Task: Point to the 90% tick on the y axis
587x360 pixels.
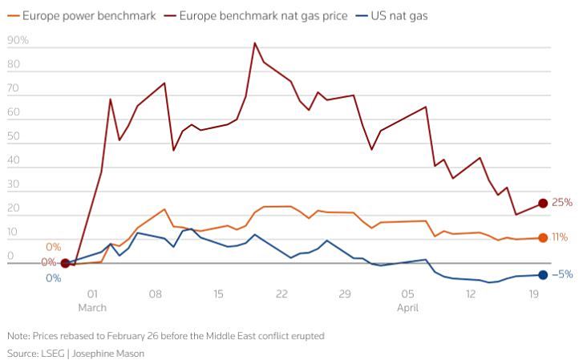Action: point(18,40)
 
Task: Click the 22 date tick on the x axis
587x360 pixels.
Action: point(281,294)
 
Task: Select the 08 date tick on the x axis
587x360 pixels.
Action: point(156,294)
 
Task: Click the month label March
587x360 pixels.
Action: point(92,307)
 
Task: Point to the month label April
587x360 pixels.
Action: point(408,307)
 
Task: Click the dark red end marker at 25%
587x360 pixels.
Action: point(543,204)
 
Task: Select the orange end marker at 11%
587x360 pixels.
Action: point(543,237)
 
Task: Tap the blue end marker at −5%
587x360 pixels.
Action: point(543,275)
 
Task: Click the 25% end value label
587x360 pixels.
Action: point(562,203)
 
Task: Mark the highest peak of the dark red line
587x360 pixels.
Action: point(255,42)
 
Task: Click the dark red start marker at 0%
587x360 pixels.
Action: point(65,263)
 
